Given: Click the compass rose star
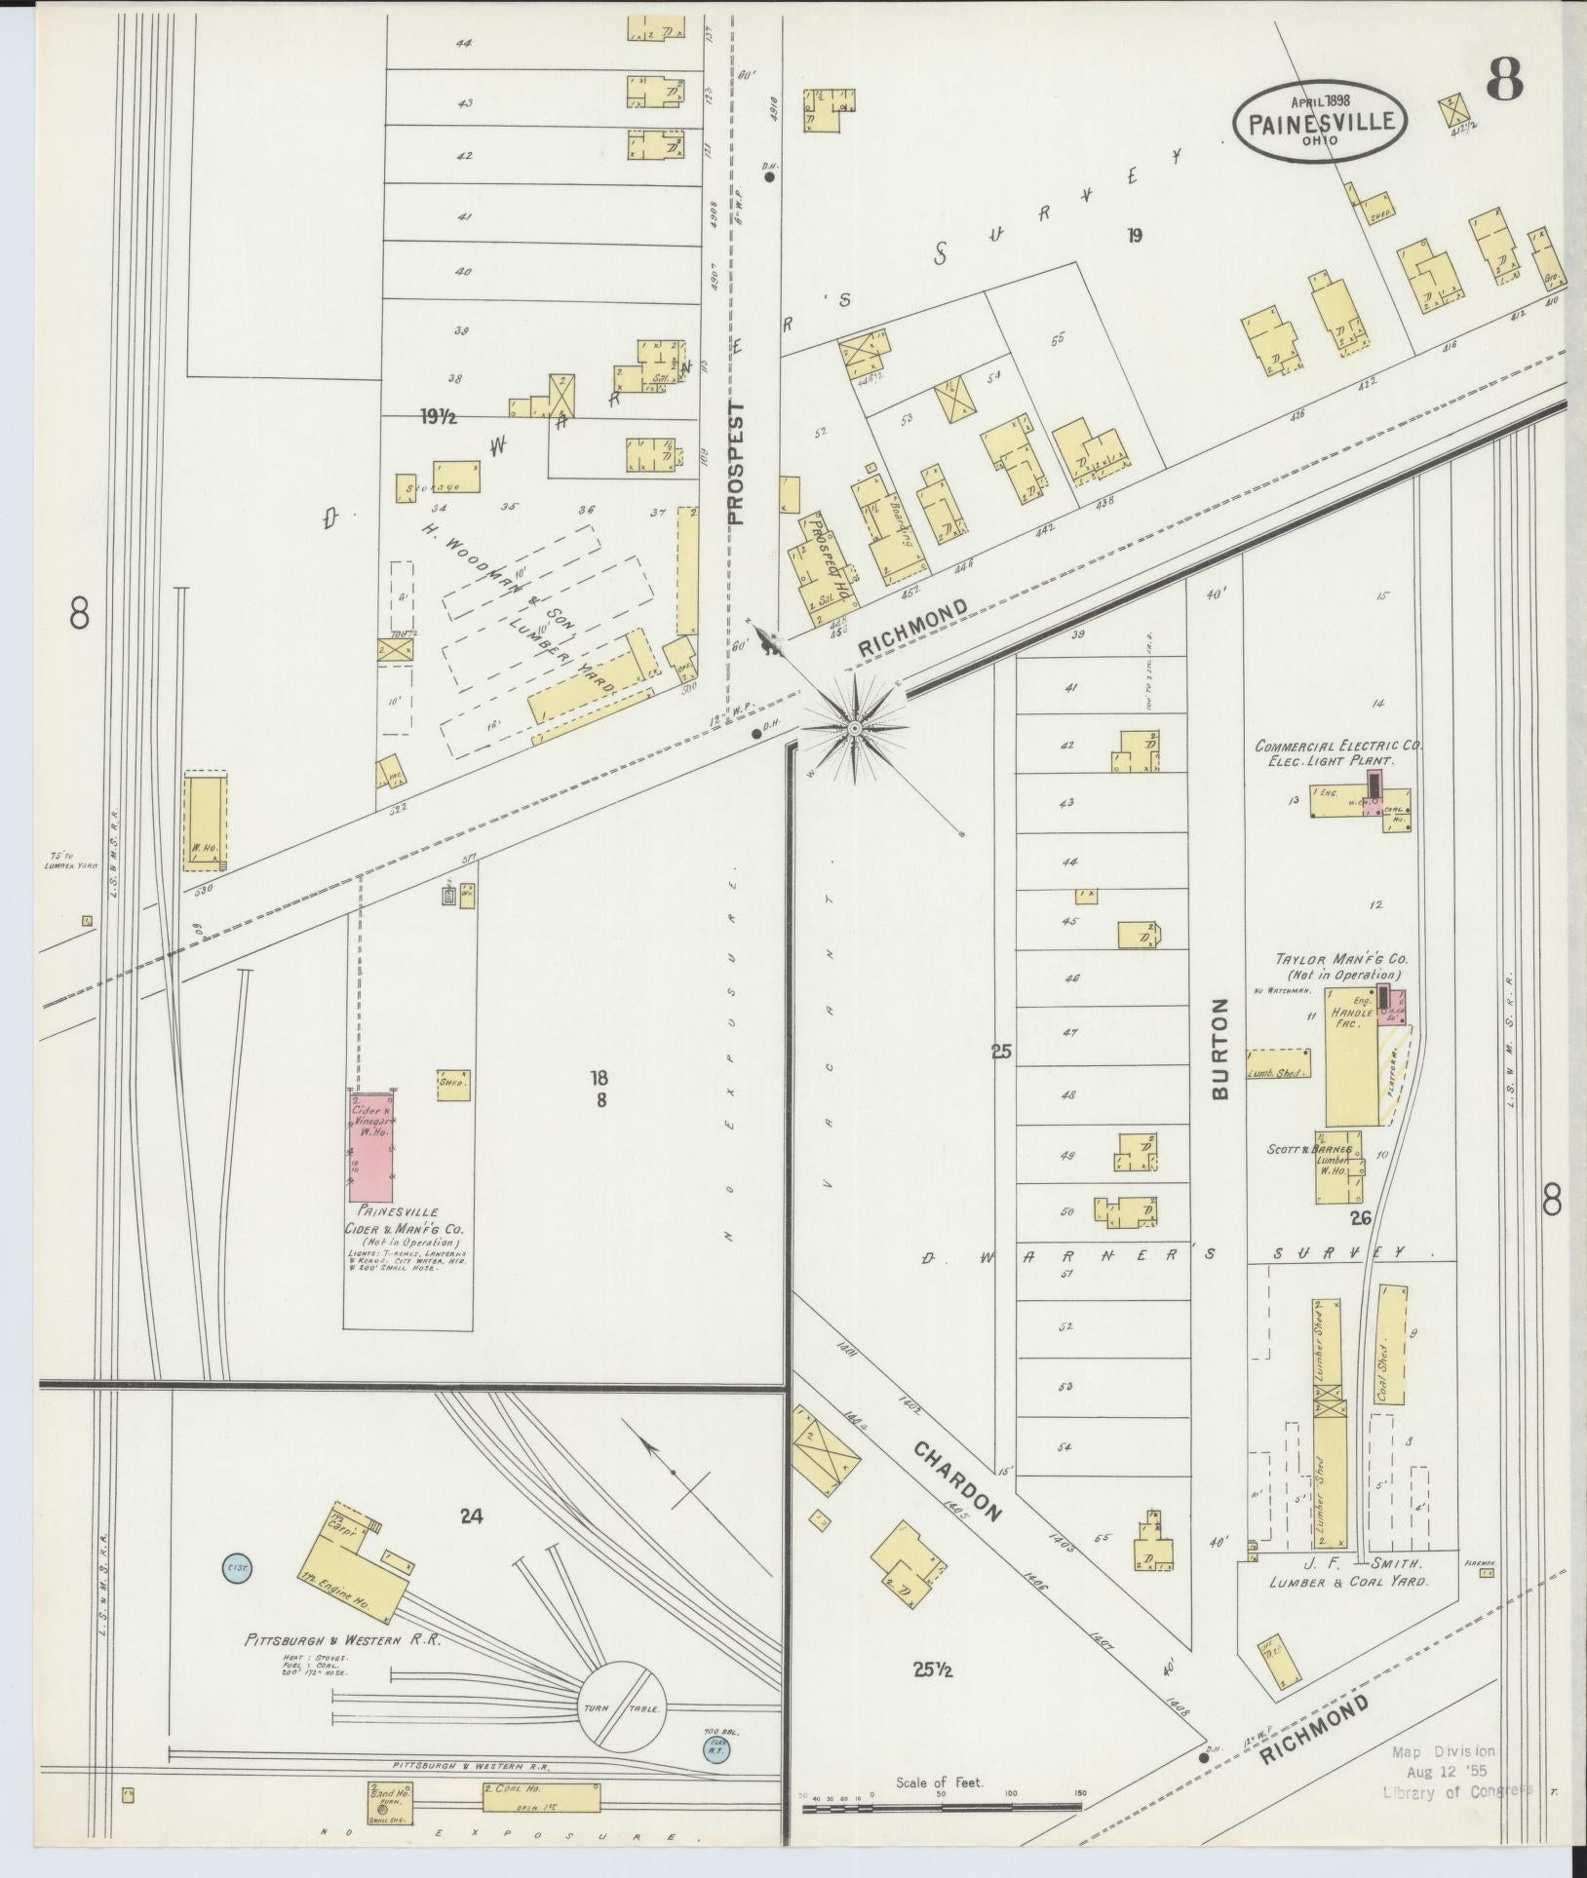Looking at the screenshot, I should point(854,728).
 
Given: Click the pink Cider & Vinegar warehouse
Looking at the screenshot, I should point(371,1146).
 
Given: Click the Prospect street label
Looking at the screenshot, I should point(736,463).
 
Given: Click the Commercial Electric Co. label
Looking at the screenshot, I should point(1337,745).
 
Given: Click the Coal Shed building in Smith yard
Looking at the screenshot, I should point(1391,1345).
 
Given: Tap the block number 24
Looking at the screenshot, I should point(472,1514).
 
